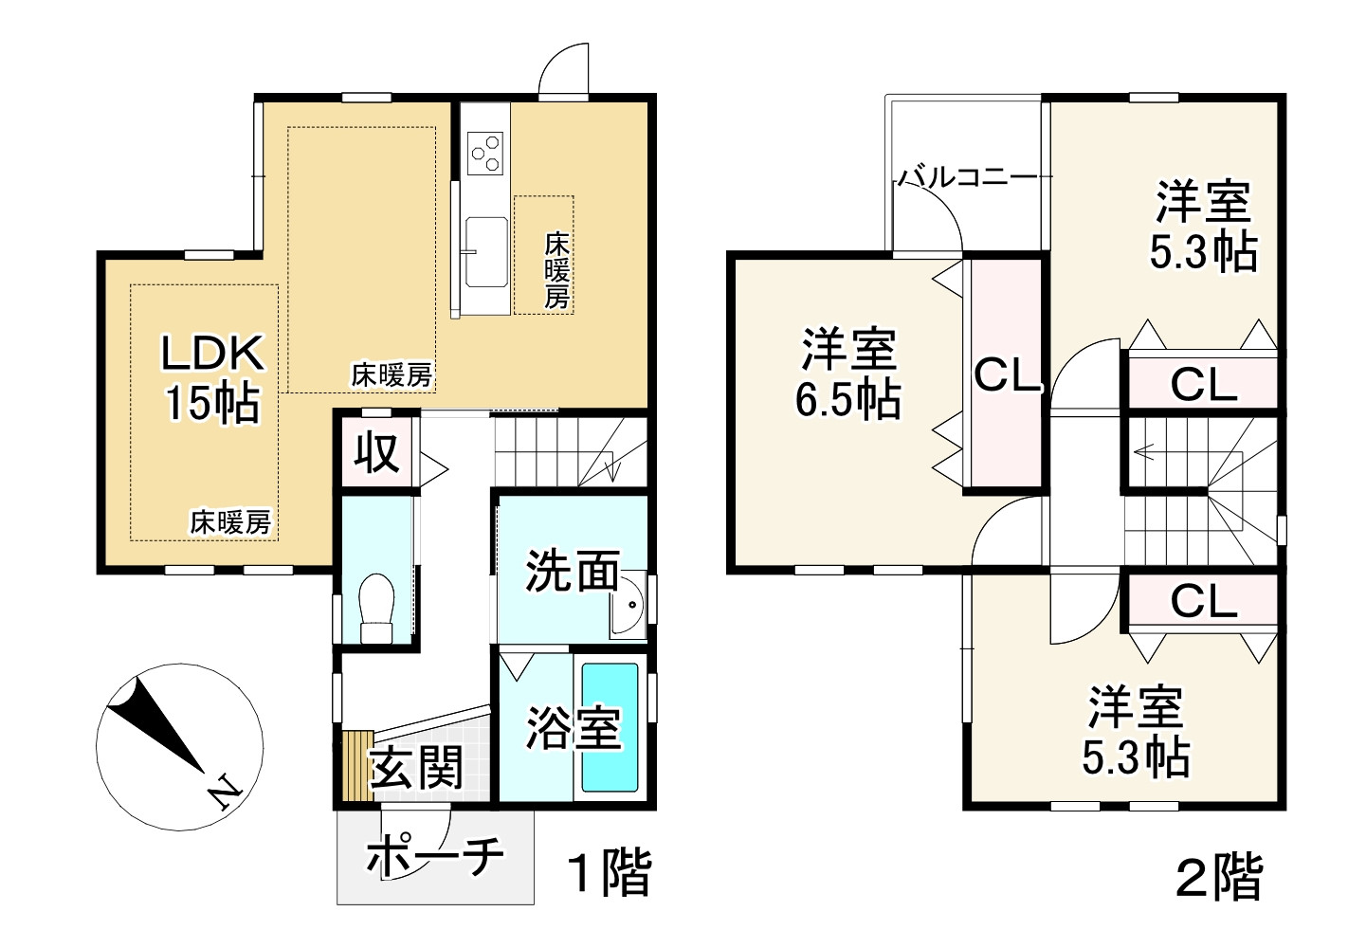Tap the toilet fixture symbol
click(377, 608)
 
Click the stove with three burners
click(485, 153)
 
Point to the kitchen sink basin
click(484, 246)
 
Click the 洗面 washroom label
click(572, 571)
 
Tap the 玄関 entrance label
click(416, 767)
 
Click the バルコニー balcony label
click(967, 177)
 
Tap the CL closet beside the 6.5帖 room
click(1008, 376)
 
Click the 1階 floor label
click(609, 873)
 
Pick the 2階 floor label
click(1219, 877)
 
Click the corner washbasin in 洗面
click(628, 608)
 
